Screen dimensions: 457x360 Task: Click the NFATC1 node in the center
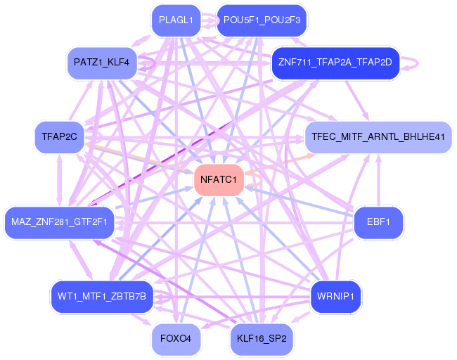pos(219,180)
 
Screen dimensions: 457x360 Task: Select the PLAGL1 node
pos(176,20)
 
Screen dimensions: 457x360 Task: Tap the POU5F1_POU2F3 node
pos(262,20)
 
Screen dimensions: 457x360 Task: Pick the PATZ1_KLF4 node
pos(102,62)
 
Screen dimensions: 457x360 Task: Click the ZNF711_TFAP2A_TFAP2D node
pos(335,62)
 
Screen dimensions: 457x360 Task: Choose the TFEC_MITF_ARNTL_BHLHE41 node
pos(378,136)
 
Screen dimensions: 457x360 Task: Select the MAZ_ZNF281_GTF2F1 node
pos(59,222)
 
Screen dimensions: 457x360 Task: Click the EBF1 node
pos(378,222)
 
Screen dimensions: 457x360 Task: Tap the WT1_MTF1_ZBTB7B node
pos(102,296)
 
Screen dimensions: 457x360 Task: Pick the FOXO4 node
pos(176,338)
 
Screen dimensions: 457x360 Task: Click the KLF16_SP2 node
pos(262,338)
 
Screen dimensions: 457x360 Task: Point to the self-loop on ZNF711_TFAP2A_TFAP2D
pos(413,63)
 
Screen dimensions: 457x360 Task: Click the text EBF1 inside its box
pos(378,222)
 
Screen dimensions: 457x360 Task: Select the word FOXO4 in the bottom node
pos(176,338)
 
